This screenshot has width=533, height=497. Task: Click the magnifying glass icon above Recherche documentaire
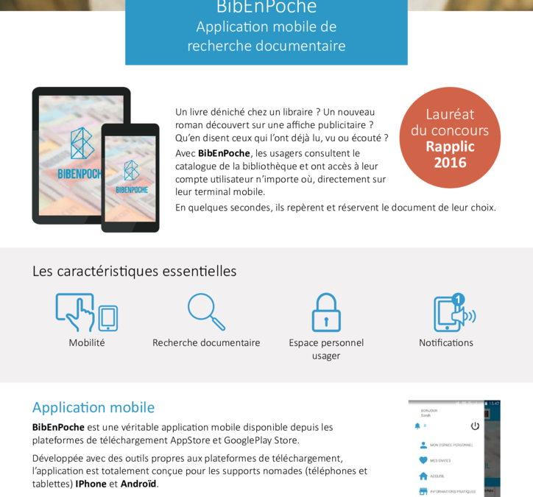pos(205,311)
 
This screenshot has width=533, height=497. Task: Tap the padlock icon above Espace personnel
pos(326,312)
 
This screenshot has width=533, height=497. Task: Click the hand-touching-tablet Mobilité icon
pos(85,312)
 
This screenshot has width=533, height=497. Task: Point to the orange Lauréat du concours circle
pos(450,138)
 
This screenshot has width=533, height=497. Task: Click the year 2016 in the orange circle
pos(450,163)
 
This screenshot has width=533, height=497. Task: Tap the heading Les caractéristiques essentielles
pos(134,271)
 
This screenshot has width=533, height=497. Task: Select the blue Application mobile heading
pos(93,407)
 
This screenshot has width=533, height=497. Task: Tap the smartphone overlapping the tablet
pos(130,177)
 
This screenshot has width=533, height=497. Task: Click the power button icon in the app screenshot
pos(475,426)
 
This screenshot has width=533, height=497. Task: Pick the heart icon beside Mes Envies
pos(423,460)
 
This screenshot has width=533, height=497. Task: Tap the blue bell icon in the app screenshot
pos(417,426)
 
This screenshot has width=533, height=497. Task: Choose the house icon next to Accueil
pos(423,476)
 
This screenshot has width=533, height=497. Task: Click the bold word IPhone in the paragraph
pos(91,484)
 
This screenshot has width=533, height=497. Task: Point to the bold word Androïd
pos(138,484)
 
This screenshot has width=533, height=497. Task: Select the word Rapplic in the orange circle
pos(450,147)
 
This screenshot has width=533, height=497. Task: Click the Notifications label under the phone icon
pos(446,342)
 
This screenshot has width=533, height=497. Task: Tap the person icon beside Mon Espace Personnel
pos(423,445)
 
